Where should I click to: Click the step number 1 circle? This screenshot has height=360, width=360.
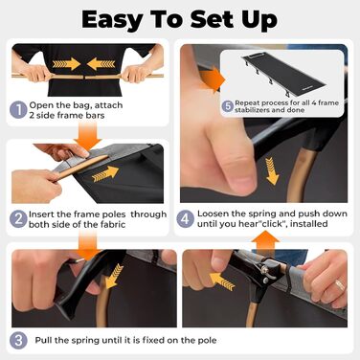coord(18,110)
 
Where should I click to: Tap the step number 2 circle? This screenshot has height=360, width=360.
coord(18,219)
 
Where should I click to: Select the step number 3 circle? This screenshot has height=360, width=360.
coord(18,340)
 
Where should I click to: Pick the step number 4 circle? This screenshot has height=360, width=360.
coord(186,218)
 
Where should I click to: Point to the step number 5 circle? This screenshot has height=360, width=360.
coord(228,106)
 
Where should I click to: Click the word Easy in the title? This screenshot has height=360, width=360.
coord(111,20)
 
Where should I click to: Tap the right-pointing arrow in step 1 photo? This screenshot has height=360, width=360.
coord(66,64)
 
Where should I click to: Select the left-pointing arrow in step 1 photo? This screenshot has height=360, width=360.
coord(101,64)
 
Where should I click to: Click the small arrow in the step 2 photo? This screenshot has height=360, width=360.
coord(105,173)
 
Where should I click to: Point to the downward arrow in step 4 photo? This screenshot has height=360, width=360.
coord(272,170)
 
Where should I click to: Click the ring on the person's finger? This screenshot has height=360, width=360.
coord(340,285)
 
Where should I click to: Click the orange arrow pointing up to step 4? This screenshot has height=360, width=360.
coord(267,241)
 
